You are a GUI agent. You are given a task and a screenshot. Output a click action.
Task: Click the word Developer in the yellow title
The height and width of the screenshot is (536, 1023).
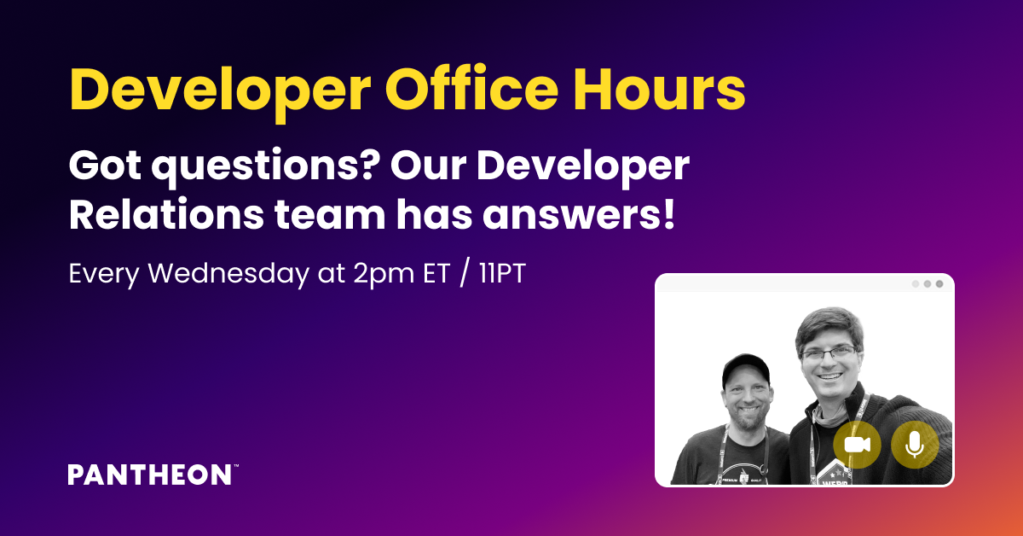[220, 91]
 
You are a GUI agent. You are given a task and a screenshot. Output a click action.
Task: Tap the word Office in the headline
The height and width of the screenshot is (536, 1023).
[471, 88]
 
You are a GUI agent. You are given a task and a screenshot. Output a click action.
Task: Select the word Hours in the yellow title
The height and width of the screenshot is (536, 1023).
[659, 89]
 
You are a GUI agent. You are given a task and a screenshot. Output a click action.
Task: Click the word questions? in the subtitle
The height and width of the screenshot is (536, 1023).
[266, 167]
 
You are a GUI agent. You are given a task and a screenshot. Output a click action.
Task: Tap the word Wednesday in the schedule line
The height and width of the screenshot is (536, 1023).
[228, 273]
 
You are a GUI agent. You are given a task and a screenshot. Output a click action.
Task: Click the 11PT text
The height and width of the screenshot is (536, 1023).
[502, 273]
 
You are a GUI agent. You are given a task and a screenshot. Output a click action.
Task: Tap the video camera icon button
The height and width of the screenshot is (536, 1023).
[857, 445]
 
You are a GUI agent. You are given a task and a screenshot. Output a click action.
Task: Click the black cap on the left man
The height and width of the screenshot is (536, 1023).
[746, 368]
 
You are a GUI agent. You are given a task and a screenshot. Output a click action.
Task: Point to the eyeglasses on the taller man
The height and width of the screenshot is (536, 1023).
[829, 353]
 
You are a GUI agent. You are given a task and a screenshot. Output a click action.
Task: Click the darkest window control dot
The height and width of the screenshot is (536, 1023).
[939, 284]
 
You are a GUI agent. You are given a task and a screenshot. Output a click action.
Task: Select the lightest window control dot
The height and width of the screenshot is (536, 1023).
[916, 284]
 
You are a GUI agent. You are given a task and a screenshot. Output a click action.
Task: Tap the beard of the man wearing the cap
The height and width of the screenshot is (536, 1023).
[747, 418]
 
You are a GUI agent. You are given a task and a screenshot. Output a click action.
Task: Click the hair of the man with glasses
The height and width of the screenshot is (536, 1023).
[829, 324]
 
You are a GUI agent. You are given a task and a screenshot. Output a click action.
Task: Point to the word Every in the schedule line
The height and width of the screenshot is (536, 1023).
[104, 275]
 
